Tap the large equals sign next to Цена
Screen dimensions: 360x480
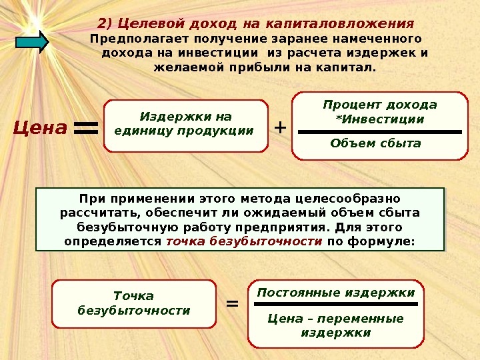coord(85,128)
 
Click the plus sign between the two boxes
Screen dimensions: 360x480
coord(279,127)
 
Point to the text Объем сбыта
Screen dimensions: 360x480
coord(376,143)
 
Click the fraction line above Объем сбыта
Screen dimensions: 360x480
coord(379,132)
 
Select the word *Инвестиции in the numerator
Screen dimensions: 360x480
coord(379,119)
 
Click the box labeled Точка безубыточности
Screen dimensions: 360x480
coord(134,303)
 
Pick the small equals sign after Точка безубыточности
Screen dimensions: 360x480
coord(232,304)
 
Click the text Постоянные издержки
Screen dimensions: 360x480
coord(336,293)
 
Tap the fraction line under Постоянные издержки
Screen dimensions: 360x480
coord(336,304)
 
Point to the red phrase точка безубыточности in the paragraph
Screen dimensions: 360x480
coord(244,241)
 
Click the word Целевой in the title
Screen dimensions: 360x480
coord(141,23)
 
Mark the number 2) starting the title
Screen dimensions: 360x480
coord(106,23)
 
